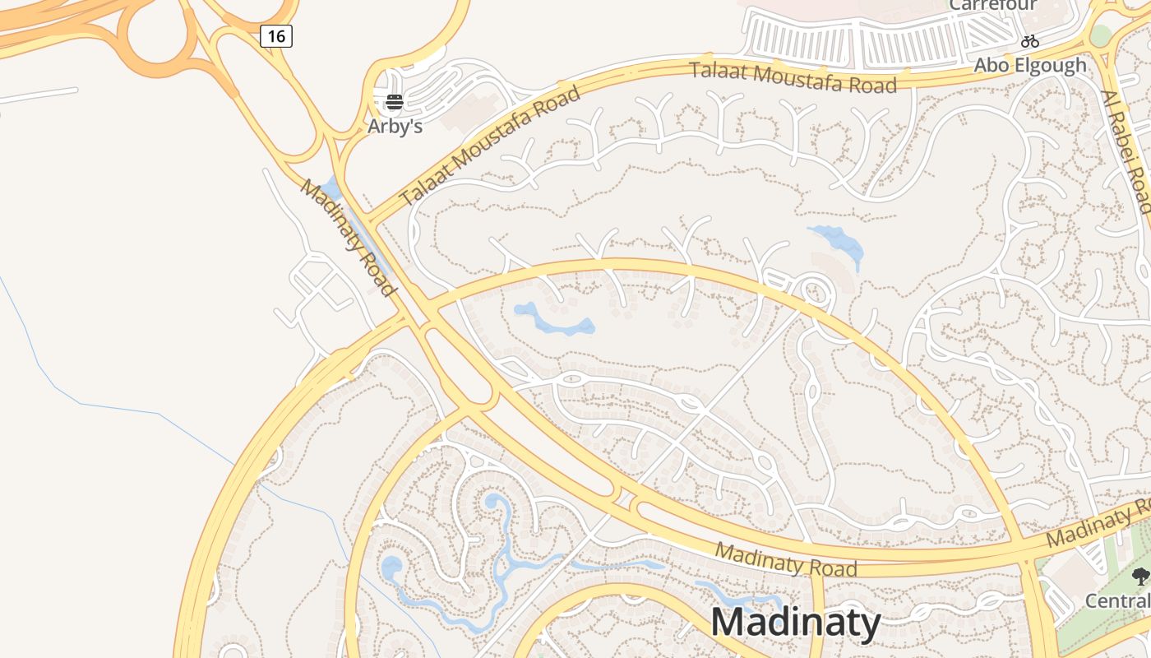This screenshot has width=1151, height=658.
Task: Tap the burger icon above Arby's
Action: (395, 102)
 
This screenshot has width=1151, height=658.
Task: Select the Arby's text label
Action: (395, 127)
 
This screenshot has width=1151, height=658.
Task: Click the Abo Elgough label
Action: (1030, 65)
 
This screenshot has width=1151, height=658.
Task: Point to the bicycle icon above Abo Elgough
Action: (1030, 40)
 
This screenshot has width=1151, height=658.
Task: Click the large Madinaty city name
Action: (796, 622)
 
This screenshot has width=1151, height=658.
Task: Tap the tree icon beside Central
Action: (1140, 577)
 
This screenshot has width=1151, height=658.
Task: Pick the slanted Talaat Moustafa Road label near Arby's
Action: (490, 146)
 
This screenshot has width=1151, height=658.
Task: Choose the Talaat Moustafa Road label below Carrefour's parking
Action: (793, 76)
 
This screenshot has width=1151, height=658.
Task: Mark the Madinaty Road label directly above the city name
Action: (785, 559)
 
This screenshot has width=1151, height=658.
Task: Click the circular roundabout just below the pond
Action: (813, 291)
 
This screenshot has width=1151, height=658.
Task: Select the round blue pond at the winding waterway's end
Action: (392, 568)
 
